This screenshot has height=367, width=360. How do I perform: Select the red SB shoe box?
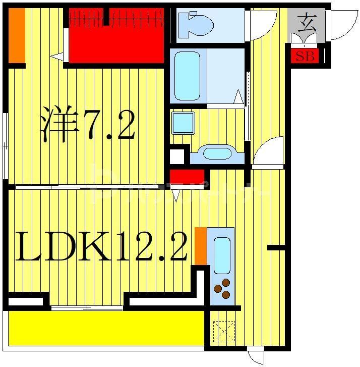[x=305, y=56]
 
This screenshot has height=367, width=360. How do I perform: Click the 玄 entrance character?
[x=307, y=23]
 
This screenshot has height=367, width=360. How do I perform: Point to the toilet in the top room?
[x=196, y=24]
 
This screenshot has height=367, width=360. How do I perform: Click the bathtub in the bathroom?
[x=187, y=76]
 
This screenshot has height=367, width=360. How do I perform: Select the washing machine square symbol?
[x=183, y=123]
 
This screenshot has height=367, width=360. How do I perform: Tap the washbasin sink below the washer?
[x=216, y=153]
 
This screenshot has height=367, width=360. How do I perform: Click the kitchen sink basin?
[x=222, y=255]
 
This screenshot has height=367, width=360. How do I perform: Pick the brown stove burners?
[x=222, y=288]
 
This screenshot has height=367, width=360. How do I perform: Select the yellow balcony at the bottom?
[x=106, y=328]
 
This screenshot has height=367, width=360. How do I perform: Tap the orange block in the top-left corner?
[x=17, y=34]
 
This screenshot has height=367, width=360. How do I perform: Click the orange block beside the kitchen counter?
[x=201, y=246]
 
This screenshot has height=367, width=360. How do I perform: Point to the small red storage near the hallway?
[x=186, y=177]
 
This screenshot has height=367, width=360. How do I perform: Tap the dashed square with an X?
[x=224, y=332]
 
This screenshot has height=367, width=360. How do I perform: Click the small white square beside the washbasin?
[x=177, y=156]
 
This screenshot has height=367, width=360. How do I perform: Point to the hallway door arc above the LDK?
[x=268, y=150]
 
